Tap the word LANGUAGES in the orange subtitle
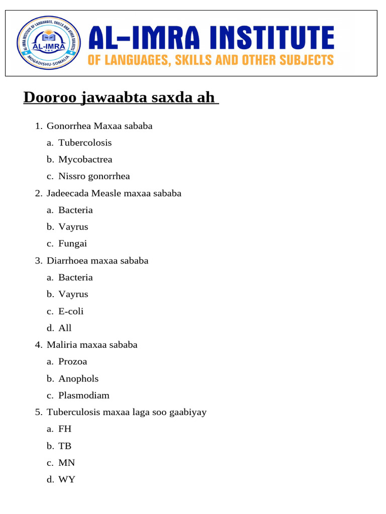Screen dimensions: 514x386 point(134,60)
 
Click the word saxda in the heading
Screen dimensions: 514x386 point(168,97)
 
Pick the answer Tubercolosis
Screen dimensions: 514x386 point(85,143)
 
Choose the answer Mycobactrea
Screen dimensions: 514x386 point(85,160)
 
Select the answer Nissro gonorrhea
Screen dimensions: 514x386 point(94,176)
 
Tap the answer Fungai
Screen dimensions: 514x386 point(72,243)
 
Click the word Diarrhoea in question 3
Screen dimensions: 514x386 point(67,261)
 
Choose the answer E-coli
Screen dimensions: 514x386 point(71,311)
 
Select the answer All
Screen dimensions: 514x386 point(65,328)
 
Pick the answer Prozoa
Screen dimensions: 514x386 point(72,361)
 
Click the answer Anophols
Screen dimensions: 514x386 point(78,378)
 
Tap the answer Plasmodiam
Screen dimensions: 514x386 point(83,395)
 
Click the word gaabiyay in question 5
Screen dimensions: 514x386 point(188,413)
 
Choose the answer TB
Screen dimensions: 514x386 point(65,446)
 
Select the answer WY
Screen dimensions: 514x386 point(66,479)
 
